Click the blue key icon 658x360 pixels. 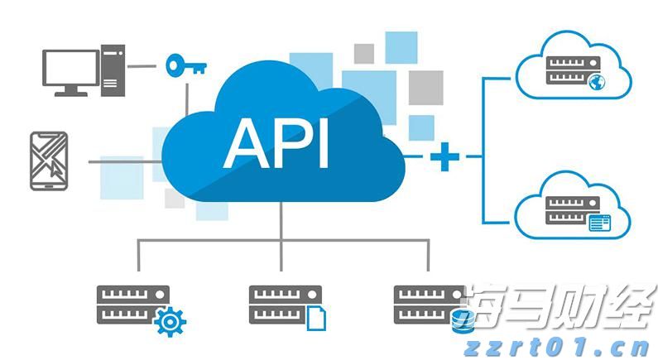pyautogui.click(x=184, y=65)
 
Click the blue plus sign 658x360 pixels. pyautogui.click(x=444, y=156)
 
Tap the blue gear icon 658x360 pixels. pyautogui.click(x=171, y=319)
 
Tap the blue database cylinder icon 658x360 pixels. pyautogui.click(x=461, y=321)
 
